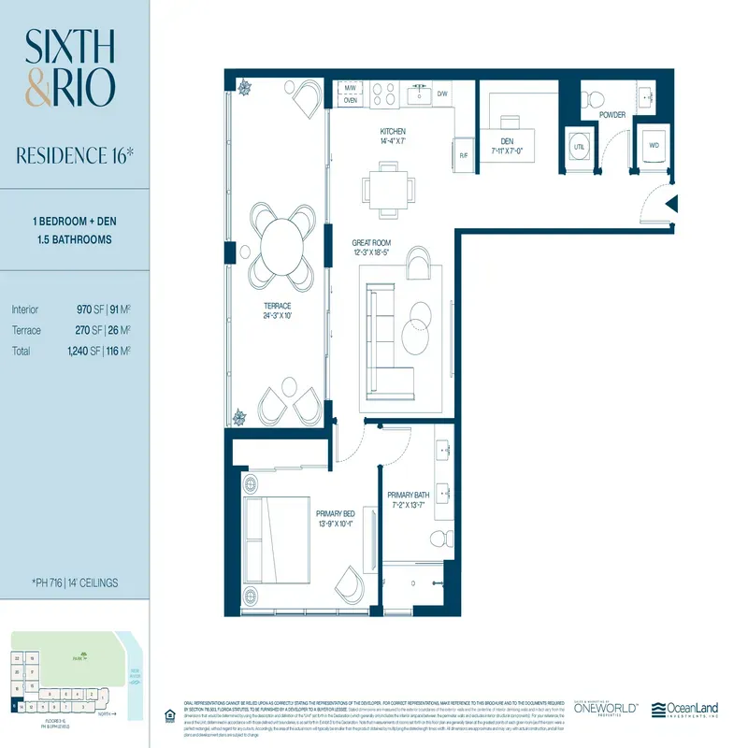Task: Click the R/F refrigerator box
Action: (x=464, y=156)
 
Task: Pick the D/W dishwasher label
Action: (x=442, y=94)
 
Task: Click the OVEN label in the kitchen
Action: (x=350, y=101)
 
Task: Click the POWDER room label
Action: (x=612, y=115)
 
